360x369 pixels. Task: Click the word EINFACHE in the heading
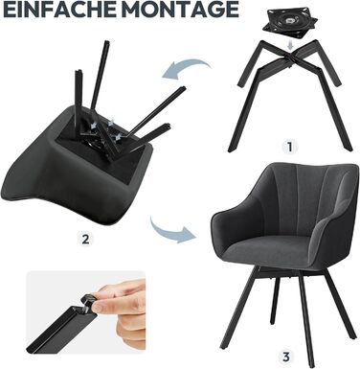tap(60, 10)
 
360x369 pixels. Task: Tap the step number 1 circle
tap(289, 147)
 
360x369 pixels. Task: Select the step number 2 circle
tap(85, 239)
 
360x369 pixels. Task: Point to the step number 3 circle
tap(286, 357)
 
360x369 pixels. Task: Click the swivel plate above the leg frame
tap(290, 24)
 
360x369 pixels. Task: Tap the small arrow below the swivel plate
tap(290, 45)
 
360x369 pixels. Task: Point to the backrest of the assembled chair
tap(295, 198)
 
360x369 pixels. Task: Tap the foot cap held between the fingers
tap(88, 302)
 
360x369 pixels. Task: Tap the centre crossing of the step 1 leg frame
tap(290, 55)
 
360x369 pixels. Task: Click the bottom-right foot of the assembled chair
tap(352, 335)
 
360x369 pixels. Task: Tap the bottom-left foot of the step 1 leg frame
tap(232, 149)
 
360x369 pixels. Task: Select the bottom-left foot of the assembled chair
tap(223, 346)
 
